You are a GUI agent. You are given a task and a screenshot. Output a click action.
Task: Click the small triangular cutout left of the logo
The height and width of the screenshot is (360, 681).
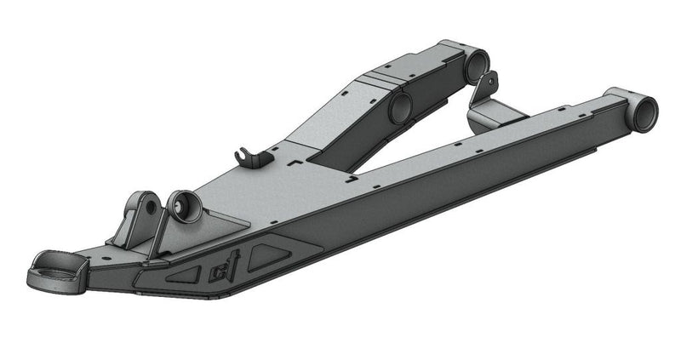[x=184, y=274]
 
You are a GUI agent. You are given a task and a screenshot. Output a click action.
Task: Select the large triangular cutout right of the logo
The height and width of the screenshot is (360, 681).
[x=278, y=254]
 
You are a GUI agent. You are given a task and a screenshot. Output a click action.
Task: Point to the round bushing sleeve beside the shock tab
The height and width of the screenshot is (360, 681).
[x=184, y=207]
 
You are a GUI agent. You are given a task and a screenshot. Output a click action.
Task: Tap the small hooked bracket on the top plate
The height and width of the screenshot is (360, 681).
[x=245, y=156]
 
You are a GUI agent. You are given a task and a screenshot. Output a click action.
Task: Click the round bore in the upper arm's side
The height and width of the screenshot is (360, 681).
[x=399, y=108]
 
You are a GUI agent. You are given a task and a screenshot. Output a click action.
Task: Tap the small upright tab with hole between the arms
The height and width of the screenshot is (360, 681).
[x=489, y=85]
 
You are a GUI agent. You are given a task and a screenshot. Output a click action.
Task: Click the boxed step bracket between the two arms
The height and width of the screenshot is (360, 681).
[x=495, y=114]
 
